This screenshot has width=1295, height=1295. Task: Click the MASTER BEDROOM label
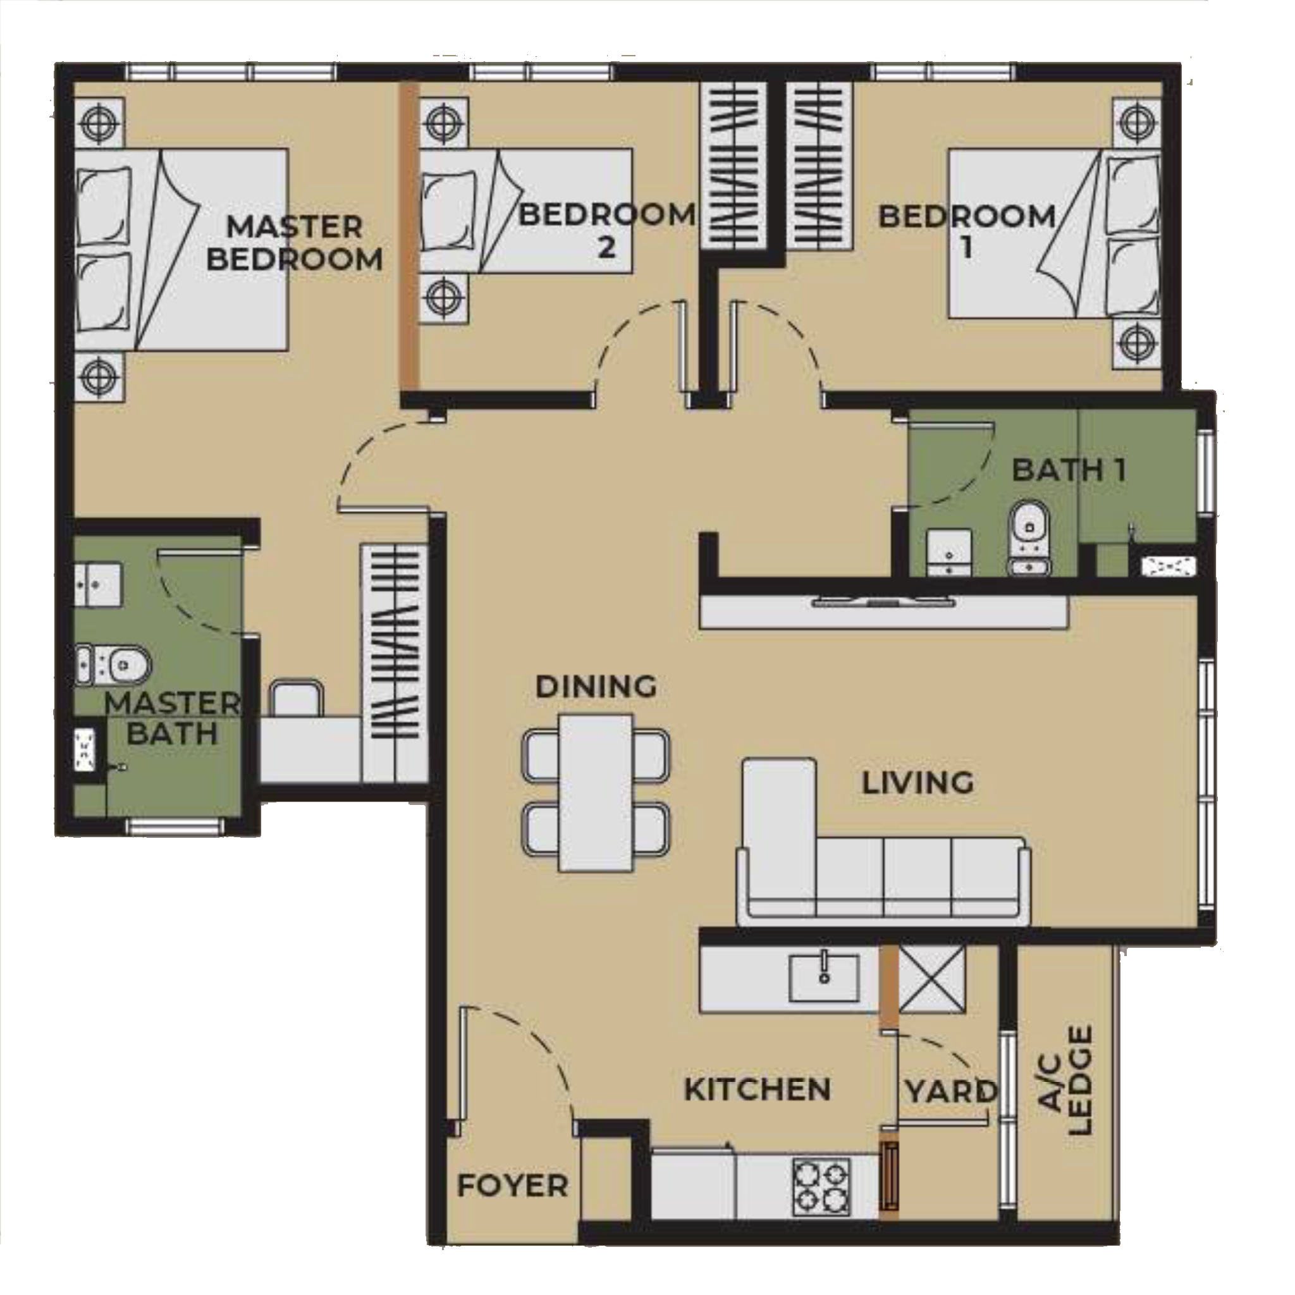click(x=294, y=243)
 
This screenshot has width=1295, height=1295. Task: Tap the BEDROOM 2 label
click(x=606, y=230)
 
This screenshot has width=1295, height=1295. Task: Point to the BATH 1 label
click(x=1069, y=470)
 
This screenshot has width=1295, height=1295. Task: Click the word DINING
click(x=596, y=686)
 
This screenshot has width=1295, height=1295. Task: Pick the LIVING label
click(x=917, y=783)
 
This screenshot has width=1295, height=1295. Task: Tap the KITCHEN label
click(x=758, y=1089)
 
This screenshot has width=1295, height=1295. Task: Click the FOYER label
click(x=512, y=1186)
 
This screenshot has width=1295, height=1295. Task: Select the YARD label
click(x=950, y=1091)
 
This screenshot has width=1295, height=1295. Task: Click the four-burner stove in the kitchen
click(x=821, y=1187)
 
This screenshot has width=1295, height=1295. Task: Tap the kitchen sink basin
click(x=824, y=978)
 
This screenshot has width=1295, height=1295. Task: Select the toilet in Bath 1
click(x=1029, y=537)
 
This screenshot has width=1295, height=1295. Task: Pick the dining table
click(x=596, y=792)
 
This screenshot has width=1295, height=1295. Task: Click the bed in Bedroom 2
click(x=526, y=211)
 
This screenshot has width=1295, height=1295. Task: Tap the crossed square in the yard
click(x=931, y=979)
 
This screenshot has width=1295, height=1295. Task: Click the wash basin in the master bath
click(x=98, y=584)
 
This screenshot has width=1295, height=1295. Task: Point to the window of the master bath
click(x=175, y=826)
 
